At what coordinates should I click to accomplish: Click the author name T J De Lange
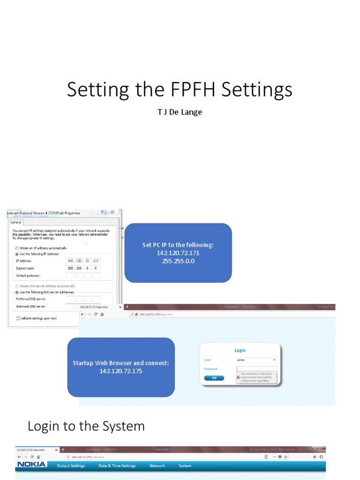click(x=180, y=112)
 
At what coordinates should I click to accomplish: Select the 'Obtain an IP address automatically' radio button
click(x=17, y=248)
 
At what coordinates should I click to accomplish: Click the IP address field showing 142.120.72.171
click(x=83, y=261)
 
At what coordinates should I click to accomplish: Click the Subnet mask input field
click(x=83, y=268)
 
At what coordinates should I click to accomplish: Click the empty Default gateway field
click(x=83, y=276)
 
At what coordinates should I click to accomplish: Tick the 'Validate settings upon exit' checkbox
click(x=18, y=318)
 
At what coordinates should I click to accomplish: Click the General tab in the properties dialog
click(x=16, y=223)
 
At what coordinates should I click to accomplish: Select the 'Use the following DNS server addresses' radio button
click(x=17, y=292)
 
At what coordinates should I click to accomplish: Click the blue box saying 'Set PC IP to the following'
click(x=178, y=253)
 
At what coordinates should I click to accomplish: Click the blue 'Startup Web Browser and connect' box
click(x=121, y=367)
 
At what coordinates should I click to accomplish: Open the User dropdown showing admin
click(x=256, y=360)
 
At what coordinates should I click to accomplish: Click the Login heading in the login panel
click(x=240, y=350)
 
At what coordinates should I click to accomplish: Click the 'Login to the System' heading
click(x=86, y=426)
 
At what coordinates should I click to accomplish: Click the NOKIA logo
click(x=32, y=465)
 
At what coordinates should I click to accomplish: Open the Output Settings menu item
click(x=71, y=466)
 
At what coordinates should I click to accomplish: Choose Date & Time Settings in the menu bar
click(x=117, y=466)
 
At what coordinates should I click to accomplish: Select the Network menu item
click(x=157, y=466)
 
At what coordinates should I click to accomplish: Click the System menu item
click(x=185, y=466)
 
